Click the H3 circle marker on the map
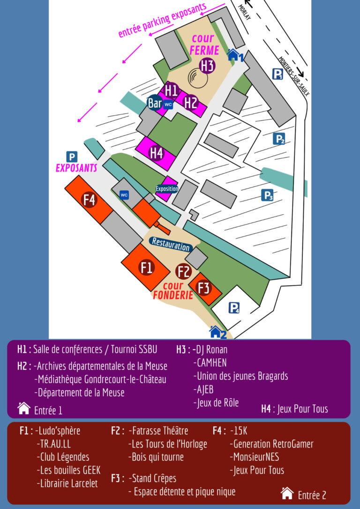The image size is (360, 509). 207,66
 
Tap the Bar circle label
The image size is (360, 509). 155,103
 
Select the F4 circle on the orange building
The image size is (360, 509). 89,200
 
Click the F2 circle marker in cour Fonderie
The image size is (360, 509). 184,271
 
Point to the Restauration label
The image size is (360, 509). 171,244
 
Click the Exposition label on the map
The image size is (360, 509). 167,189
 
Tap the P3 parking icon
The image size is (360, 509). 267,195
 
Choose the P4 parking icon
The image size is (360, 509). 234,308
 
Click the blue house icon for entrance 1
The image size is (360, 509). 233,55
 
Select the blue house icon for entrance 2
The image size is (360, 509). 215,332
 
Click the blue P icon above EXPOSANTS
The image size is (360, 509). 72,157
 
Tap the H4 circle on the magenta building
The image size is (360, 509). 156,153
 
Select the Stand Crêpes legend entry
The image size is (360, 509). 155,478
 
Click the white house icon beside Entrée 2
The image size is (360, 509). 287,493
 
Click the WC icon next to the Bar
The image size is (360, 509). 168,105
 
